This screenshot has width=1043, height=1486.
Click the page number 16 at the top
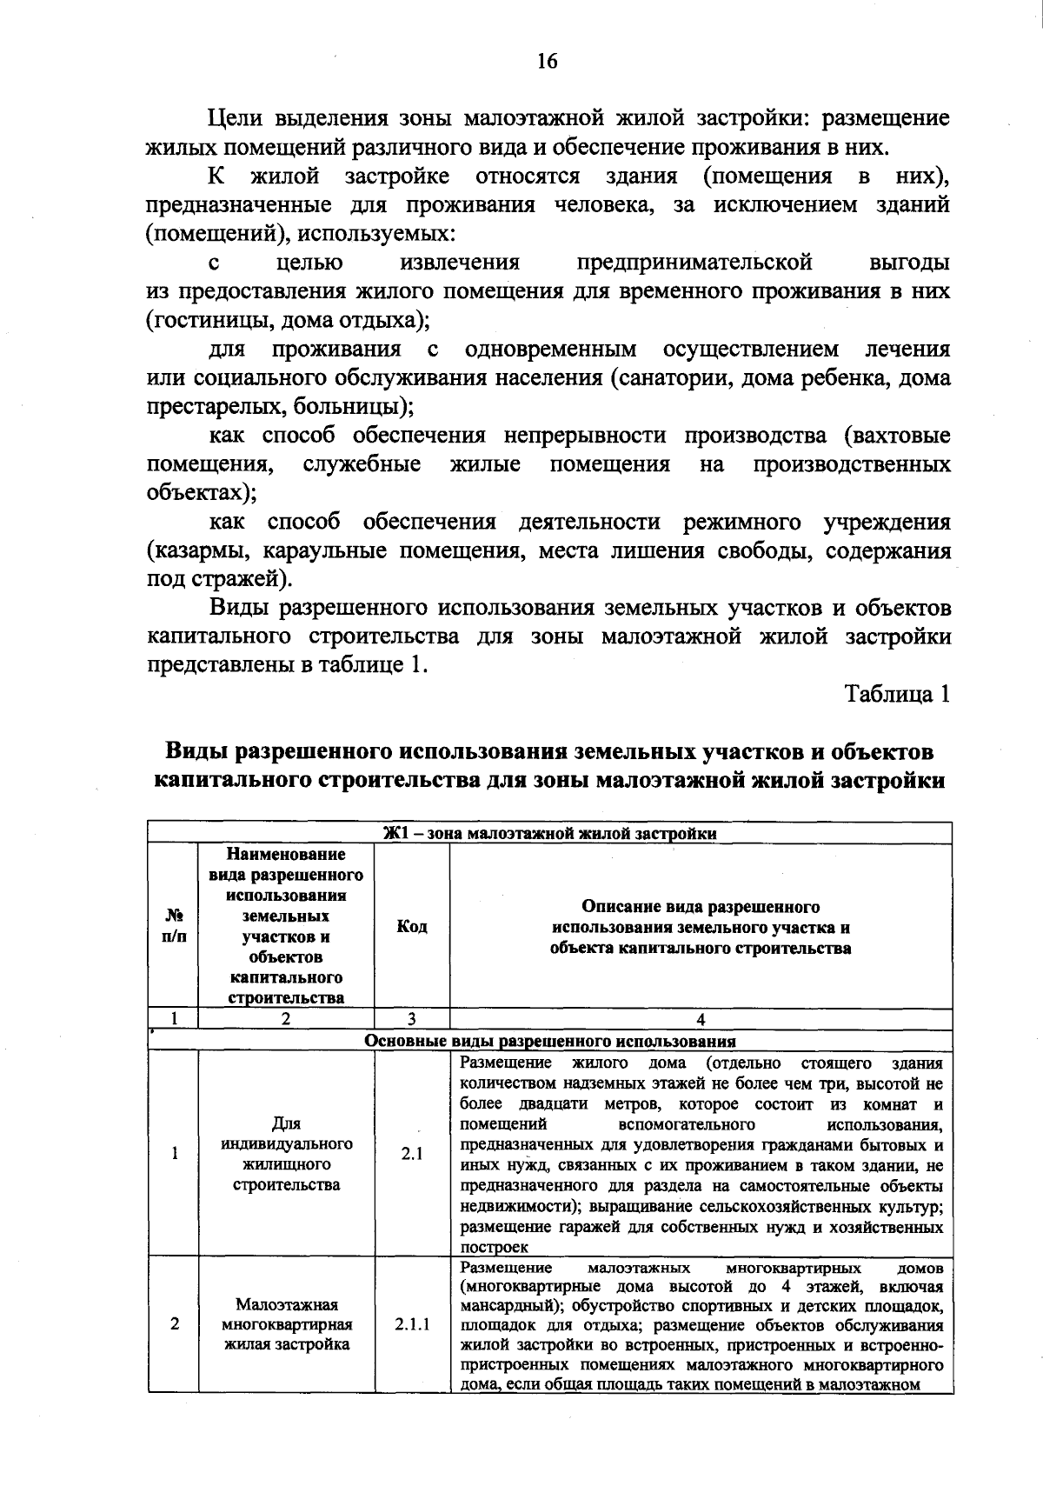click(546, 61)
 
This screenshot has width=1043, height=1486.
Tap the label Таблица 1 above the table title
click(897, 694)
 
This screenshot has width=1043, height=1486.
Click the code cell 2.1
click(411, 1154)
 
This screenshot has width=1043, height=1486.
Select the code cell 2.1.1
click(411, 1324)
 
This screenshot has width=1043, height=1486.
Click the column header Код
click(411, 927)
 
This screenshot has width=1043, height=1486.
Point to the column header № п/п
click(174, 927)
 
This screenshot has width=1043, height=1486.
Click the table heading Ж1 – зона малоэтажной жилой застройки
click(550, 833)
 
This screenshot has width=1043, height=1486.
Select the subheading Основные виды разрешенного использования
click(550, 1041)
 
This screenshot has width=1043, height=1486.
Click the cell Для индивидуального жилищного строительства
click(286, 1154)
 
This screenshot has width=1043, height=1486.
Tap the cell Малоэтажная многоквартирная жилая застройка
click(286, 1324)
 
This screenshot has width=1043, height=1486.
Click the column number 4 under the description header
click(701, 1020)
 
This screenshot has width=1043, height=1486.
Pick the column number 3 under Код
click(411, 1020)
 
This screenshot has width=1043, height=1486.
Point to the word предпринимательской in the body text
click(694, 263)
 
